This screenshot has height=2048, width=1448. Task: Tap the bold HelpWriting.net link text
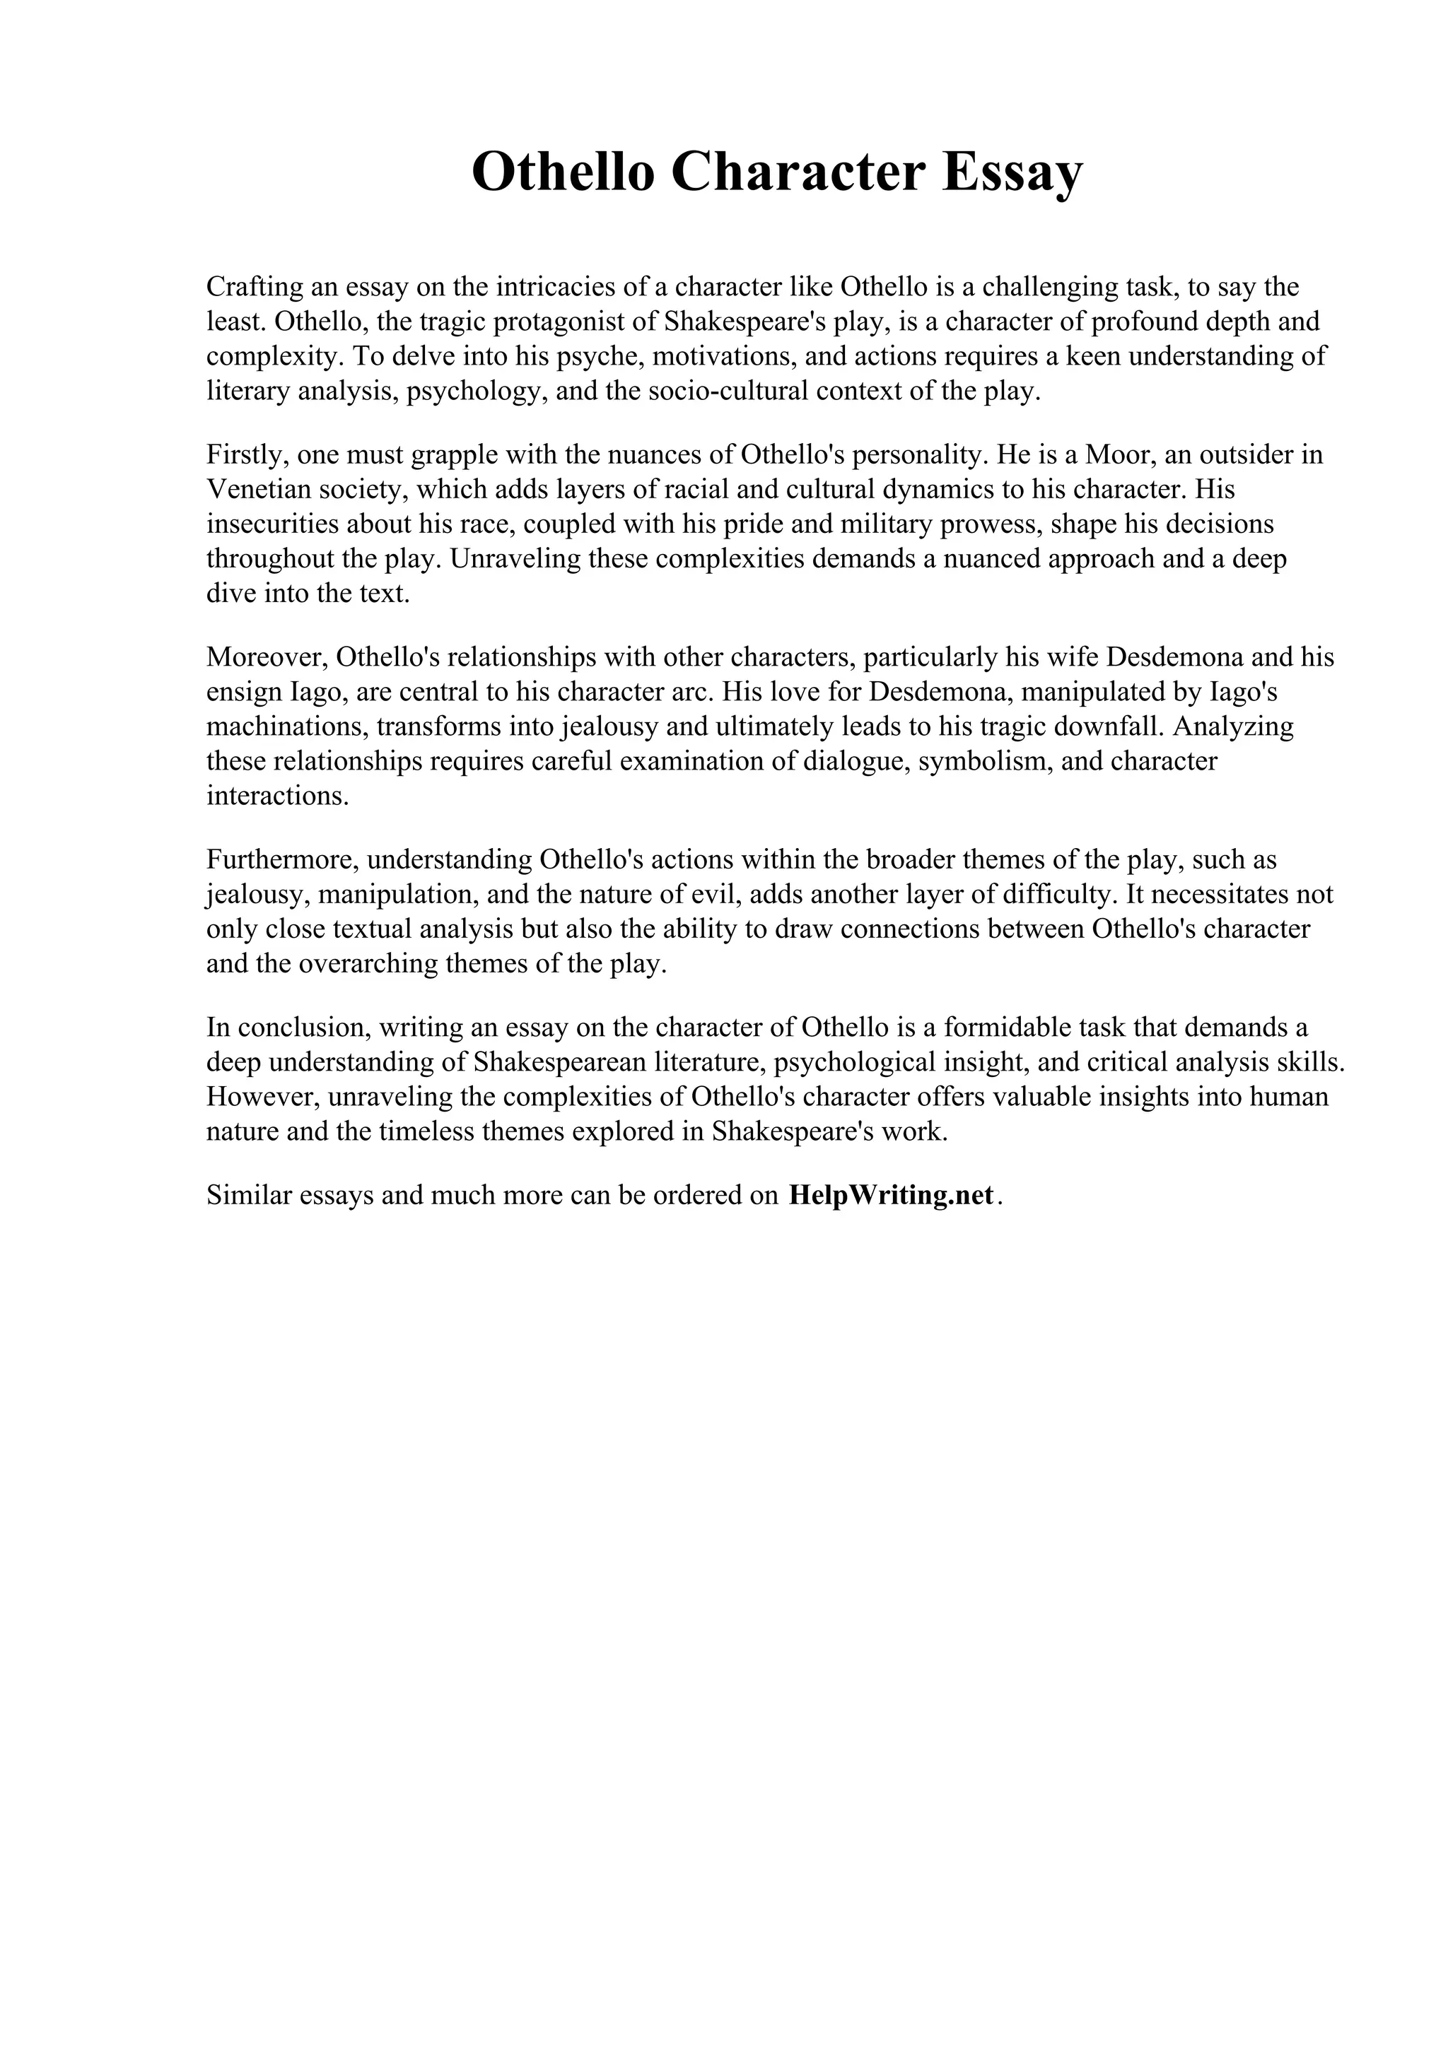[890, 1195]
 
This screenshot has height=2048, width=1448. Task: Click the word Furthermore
[281, 860]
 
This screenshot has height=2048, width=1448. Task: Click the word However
[255, 1096]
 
